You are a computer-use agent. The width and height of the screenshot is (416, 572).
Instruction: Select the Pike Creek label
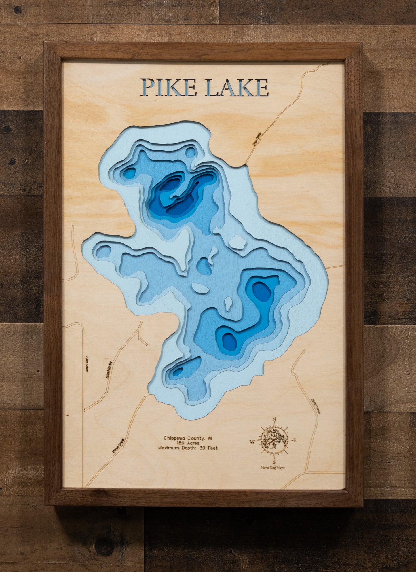click(256, 139)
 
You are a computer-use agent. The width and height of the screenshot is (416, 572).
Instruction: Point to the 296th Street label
click(316, 406)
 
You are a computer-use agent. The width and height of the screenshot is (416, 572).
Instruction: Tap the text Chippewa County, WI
click(188, 438)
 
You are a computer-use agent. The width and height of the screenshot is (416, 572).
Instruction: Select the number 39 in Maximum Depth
click(202, 448)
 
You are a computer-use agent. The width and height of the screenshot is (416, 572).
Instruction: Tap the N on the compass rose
click(274, 419)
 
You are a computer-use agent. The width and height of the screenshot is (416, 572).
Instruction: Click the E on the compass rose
click(295, 440)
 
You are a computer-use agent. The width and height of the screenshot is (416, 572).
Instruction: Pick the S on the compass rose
click(274, 462)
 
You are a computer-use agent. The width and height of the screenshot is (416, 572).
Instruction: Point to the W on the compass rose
click(252, 442)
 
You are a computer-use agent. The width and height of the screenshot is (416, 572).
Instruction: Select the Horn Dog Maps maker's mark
click(273, 468)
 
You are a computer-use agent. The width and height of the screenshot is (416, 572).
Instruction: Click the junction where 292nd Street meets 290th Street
click(84, 411)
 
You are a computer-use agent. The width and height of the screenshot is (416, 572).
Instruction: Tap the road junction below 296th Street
click(307, 472)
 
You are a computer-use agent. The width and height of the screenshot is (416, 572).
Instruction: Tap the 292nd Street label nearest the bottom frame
click(118, 446)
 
